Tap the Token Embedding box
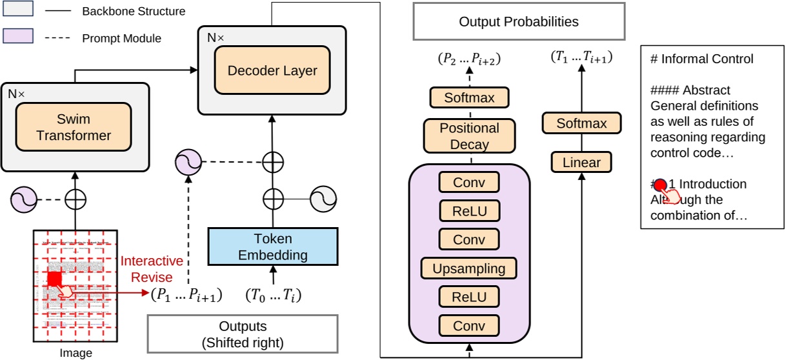click(273, 246)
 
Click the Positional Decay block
click(470, 136)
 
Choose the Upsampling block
click(470, 268)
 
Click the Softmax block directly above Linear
click(581, 123)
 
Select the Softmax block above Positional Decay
click(469, 99)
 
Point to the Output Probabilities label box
click(518, 22)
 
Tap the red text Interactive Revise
click(152, 269)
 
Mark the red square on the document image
click(54, 279)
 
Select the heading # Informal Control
click(701, 59)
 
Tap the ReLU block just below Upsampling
click(470, 297)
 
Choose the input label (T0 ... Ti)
click(273, 295)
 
